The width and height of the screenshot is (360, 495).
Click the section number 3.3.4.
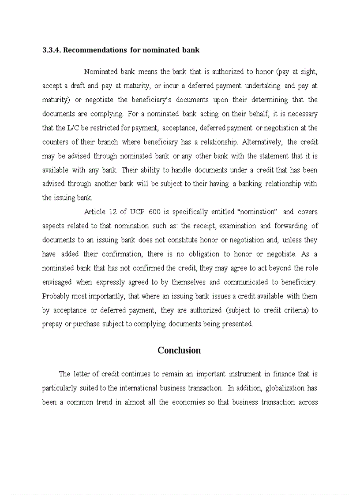point(52,50)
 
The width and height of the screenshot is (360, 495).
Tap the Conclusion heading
point(179,350)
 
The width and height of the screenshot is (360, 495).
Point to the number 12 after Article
point(112,212)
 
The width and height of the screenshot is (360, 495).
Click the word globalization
point(283,388)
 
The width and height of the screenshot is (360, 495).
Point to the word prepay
point(52,324)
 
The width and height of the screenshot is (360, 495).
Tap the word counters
point(55,142)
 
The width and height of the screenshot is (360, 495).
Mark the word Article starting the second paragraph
point(94,212)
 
